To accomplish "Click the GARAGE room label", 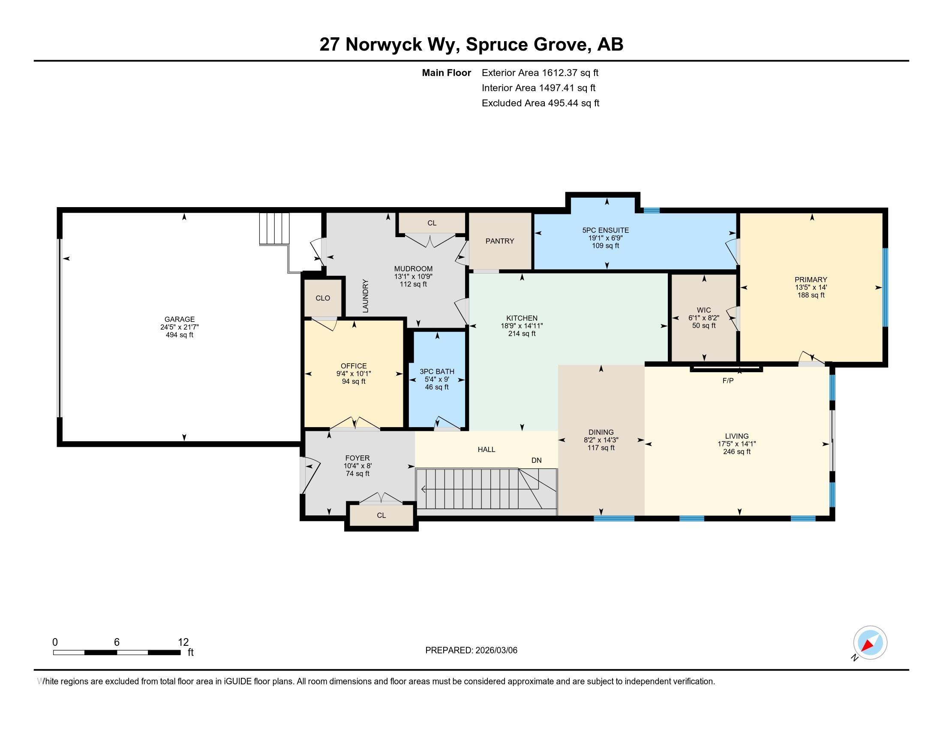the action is click(179, 319).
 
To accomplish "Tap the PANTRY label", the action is click(499, 241).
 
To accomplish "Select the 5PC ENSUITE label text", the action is click(605, 230).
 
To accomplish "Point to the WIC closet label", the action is click(704, 310).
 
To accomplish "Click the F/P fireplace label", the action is click(728, 380).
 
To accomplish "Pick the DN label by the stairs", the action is click(536, 461).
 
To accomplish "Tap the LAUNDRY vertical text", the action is click(365, 296).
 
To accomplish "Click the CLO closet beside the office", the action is click(323, 298).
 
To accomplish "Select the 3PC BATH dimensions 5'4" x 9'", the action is click(437, 380).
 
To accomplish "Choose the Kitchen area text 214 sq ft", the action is click(522, 333).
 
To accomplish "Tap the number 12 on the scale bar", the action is click(183, 642).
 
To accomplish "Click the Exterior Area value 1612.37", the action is click(559, 73).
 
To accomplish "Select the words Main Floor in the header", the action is click(447, 73).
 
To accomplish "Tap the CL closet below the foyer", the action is click(381, 515).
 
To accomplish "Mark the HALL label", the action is click(486, 449).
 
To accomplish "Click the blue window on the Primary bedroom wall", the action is click(885, 287).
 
